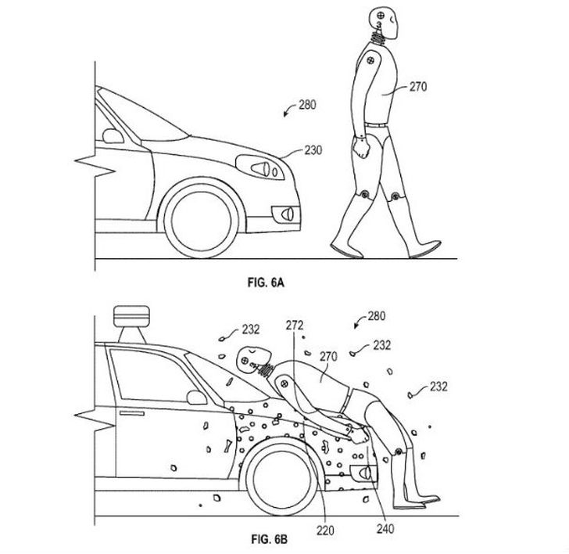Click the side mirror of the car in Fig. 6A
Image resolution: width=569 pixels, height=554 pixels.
[x=111, y=134]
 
